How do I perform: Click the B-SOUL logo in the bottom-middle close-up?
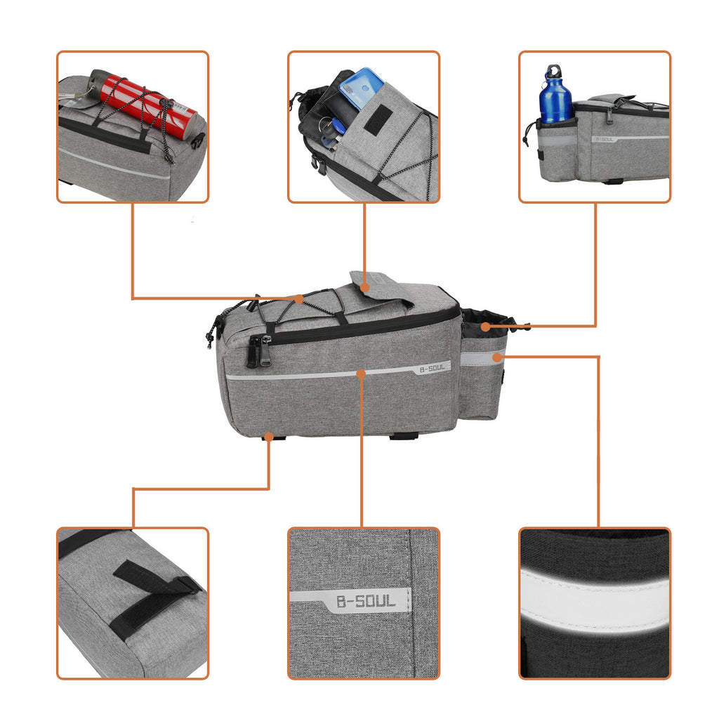(x=365, y=601)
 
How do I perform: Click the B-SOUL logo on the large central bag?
(x=432, y=368)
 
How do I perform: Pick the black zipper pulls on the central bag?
(x=258, y=351)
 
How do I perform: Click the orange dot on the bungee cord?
(x=300, y=298)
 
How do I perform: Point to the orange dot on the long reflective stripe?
(x=361, y=374)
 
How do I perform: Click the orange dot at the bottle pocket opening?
(x=485, y=326)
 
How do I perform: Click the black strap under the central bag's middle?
(x=404, y=435)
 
